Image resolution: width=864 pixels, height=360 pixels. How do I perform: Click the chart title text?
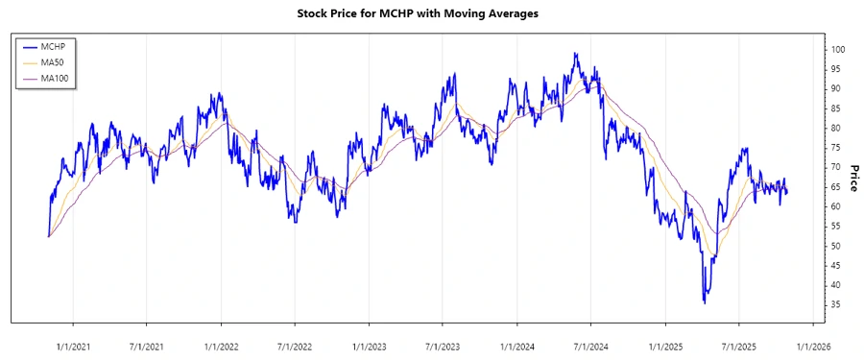coord(431,14)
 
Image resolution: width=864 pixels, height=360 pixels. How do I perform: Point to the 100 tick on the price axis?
coord(838,49)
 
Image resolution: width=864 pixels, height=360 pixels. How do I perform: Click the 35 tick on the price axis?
coord(835,305)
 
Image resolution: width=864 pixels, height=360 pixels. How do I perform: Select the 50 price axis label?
coord(835,246)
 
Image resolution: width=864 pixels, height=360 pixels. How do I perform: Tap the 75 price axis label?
coord(835,148)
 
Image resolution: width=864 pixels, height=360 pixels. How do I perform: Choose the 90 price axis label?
coord(835,88)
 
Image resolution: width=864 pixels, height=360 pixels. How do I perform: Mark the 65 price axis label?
coord(835,187)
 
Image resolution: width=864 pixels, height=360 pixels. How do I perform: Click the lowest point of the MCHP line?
coord(706,303)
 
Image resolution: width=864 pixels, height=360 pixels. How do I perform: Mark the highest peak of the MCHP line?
coord(575,54)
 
